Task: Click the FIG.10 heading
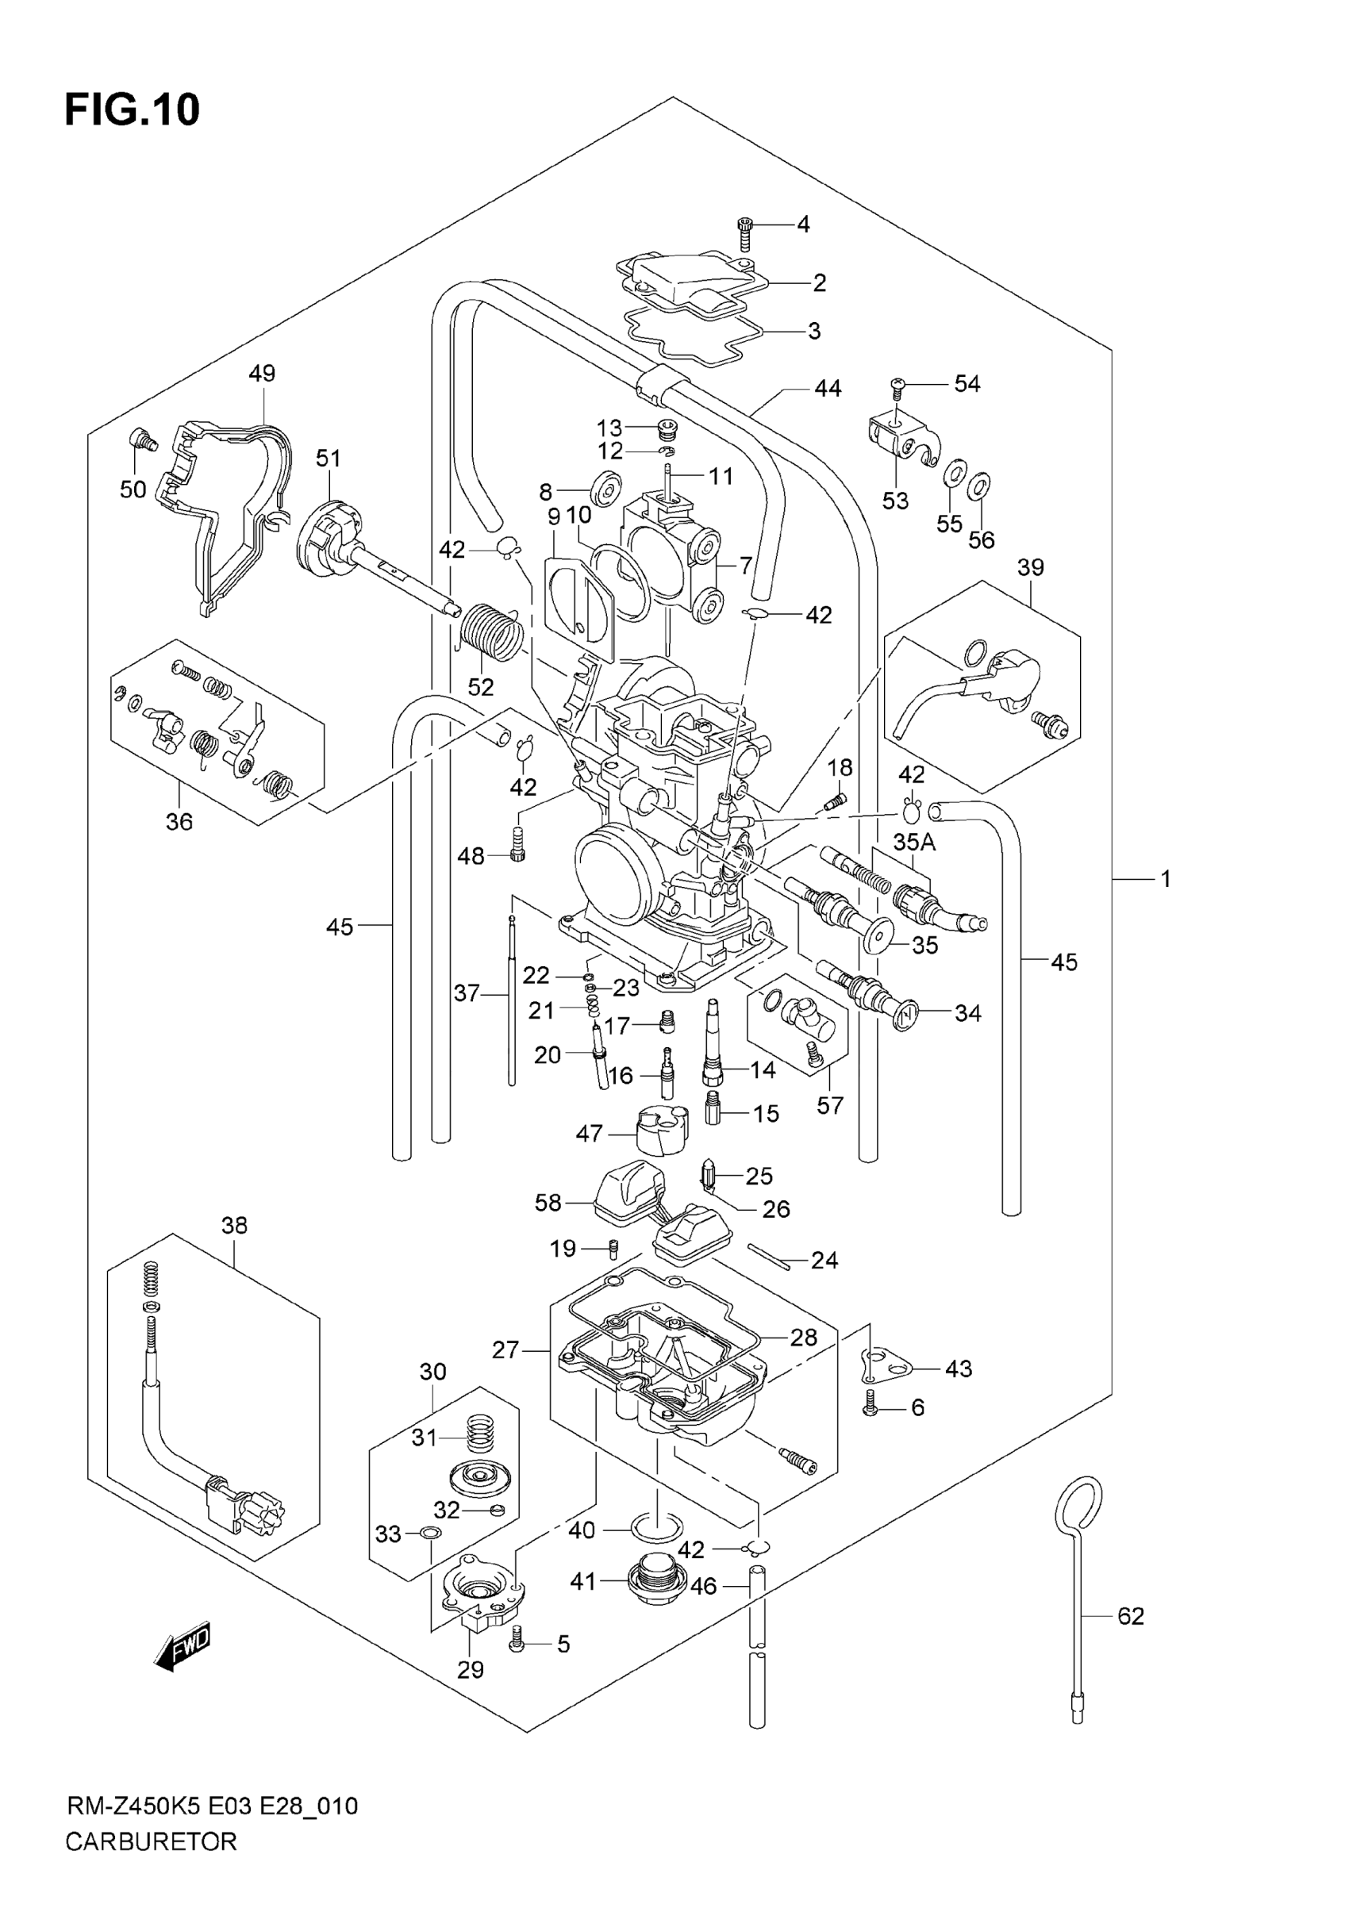[133, 110]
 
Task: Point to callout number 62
[1131, 1615]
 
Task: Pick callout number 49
[262, 373]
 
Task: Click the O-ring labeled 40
[658, 1527]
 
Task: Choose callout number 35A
[913, 842]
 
